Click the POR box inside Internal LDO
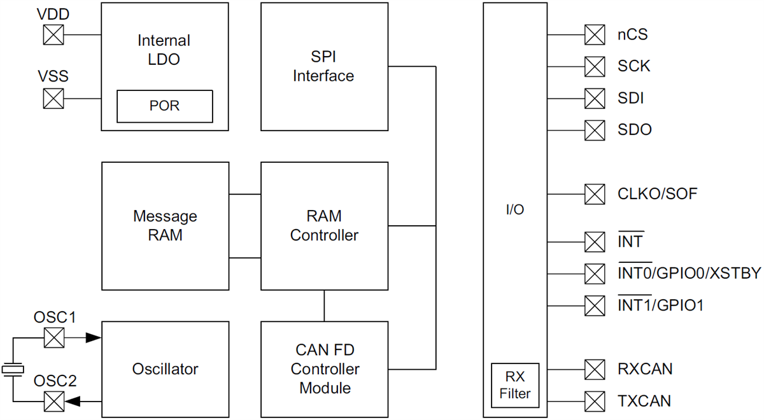165,106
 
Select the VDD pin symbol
53,34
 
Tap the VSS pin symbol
53,99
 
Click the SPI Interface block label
323,66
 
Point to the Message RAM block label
165,225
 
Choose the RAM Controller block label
324,225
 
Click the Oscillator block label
165,369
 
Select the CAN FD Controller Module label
324,369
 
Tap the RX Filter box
514,384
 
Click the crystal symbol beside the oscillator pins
13,368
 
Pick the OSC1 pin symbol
53,337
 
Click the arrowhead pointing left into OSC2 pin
73,402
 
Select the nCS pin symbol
595,34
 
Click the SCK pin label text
633,66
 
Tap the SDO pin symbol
595,130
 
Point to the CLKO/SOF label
657,193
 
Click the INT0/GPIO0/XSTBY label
689,274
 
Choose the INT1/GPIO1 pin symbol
595,305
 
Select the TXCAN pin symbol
595,402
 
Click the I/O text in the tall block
514,210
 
